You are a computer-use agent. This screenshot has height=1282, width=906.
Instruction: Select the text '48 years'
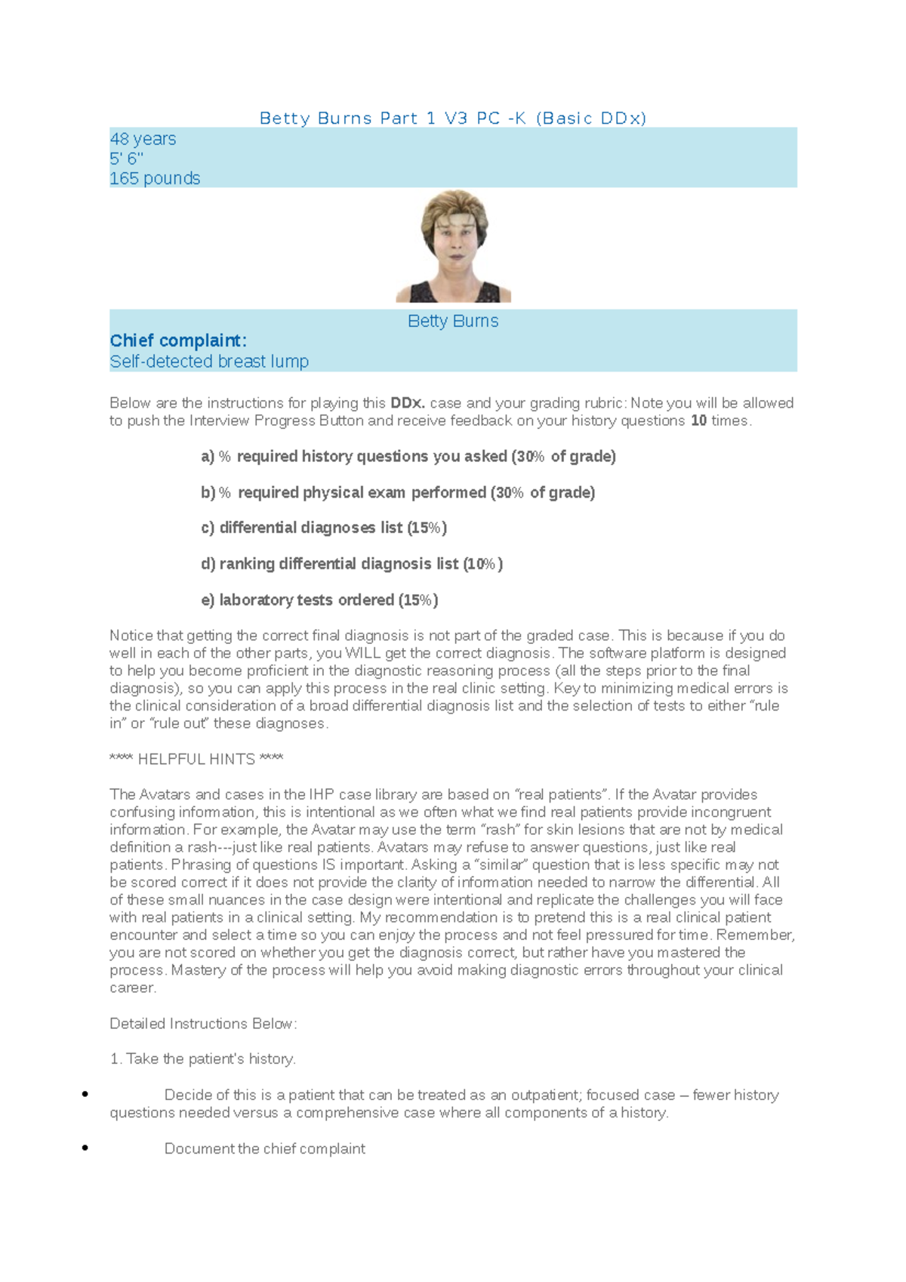pyautogui.click(x=143, y=139)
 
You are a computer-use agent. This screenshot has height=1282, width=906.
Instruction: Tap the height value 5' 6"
pyautogui.click(x=126, y=159)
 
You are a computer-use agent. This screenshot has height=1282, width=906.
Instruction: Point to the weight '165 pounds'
pyautogui.click(x=155, y=178)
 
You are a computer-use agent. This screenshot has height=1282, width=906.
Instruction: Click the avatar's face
pyautogui.click(x=455, y=242)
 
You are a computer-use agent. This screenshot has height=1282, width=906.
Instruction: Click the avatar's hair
pyautogui.click(x=453, y=205)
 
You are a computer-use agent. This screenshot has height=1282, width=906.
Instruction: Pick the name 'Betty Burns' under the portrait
pyautogui.click(x=453, y=321)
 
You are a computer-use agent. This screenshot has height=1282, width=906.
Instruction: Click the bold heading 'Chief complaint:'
pyautogui.click(x=178, y=341)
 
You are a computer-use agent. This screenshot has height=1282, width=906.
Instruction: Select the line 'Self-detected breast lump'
pyautogui.click(x=209, y=362)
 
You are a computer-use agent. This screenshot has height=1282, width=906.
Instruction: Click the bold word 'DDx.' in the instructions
pyautogui.click(x=408, y=403)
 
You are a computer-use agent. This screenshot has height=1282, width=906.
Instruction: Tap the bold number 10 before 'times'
pyautogui.click(x=698, y=421)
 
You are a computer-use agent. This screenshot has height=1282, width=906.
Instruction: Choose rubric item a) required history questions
pyautogui.click(x=408, y=457)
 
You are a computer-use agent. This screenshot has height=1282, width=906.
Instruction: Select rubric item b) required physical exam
pyautogui.click(x=398, y=493)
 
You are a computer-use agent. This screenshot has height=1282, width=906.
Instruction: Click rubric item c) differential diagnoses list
pyautogui.click(x=324, y=528)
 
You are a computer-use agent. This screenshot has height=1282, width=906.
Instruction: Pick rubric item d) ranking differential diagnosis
pyautogui.click(x=352, y=564)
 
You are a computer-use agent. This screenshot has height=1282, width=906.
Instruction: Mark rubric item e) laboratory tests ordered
pyautogui.click(x=319, y=600)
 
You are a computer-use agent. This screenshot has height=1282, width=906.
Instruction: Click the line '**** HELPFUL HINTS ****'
pyautogui.click(x=196, y=760)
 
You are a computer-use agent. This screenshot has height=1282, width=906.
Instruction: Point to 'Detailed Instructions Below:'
pyautogui.click(x=203, y=1024)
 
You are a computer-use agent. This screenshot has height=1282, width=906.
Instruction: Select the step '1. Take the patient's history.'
pyautogui.click(x=202, y=1059)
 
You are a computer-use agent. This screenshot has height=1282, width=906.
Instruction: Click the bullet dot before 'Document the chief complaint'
pyautogui.click(x=85, y=1148)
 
